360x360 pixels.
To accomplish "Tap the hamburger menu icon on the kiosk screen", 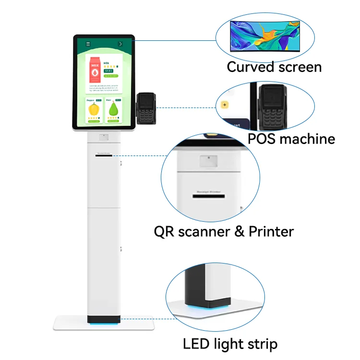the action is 88,44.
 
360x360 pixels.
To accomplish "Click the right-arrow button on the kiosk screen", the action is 120,44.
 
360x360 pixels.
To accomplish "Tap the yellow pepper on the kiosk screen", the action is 94,108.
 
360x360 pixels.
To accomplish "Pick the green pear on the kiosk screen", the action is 114,109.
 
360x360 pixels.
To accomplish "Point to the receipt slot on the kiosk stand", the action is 104,156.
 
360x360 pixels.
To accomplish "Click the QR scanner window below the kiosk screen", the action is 104,137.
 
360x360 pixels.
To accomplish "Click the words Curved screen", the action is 274,67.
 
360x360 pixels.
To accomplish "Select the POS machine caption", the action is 291,139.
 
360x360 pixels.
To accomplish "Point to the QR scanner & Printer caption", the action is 224,232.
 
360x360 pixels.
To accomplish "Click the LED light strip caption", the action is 230,344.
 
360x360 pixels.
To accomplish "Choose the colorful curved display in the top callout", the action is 265,36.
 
